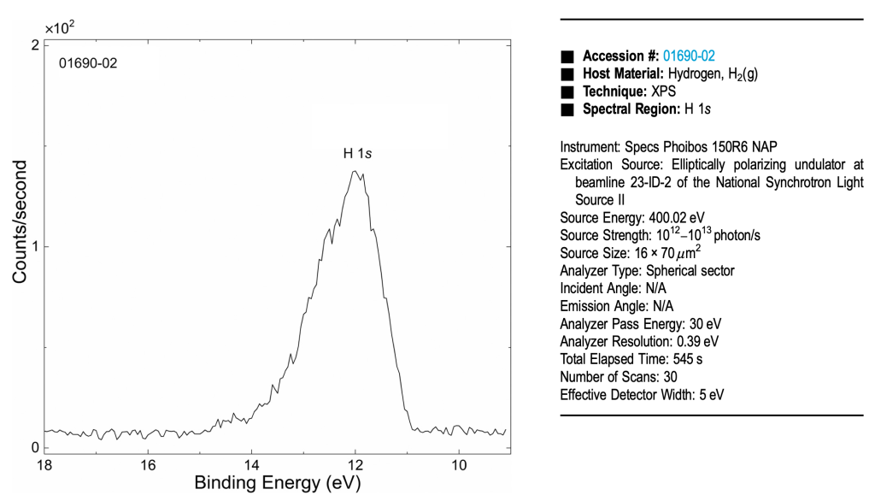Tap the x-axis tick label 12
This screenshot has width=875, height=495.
pyautogui.click(x=355, y=466)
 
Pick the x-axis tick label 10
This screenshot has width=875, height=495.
pyautogui.click(x=459, y=466)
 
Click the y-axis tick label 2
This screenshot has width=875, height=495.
pyautogui.click(x=34, y=45)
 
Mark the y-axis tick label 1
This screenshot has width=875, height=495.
pyautogui.click(x=34, y=247)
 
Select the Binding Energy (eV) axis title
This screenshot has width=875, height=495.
pyautogui.click(x=278, y=483)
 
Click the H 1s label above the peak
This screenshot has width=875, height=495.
pyautogui.click(x=358, y=153)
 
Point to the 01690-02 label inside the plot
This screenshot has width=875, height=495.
pyautogui.click(x=87, y=63)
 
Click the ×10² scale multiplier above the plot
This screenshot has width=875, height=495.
pyautogui.click(x=59, y=27)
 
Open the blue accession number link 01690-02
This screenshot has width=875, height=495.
pyautogui.click(x=689, y=56)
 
